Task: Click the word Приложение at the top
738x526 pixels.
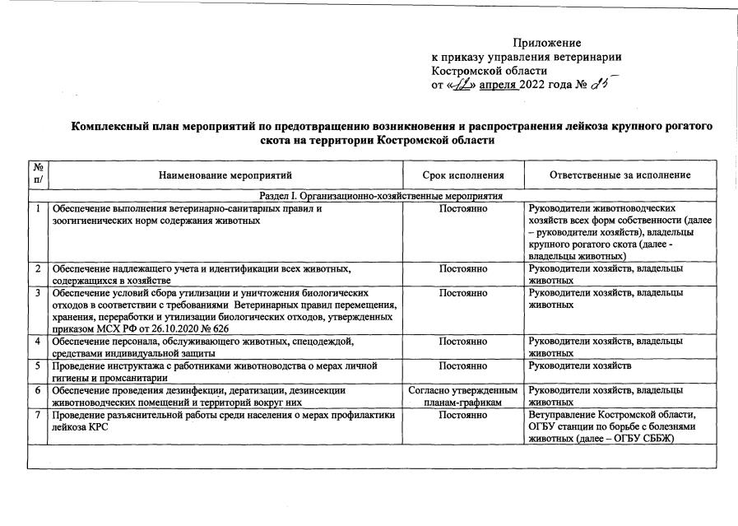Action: tap(546, 42)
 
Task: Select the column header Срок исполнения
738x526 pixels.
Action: tap(463, 175)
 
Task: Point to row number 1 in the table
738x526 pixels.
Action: tap(38, 209)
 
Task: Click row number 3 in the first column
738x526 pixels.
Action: tap(38, 292)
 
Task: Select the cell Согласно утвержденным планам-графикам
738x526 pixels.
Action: tap(463, 396)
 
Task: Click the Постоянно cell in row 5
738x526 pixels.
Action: tap(463, 365)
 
